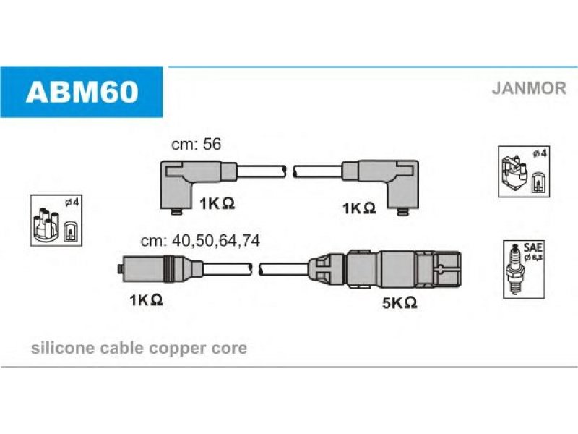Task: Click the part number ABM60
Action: click(x=82, y=92)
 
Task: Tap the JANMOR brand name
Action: click(x=529, y=88)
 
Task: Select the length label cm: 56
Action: click(x=196, y=144)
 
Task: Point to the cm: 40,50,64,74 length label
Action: click(x=200, y=241)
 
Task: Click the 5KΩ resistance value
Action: click(x=400, y=303)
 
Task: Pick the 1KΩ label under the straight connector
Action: click(x=146, y=299)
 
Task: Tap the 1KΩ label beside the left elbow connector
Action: click(x=217, y=203)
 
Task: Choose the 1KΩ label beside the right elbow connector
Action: click(x=359, y=208)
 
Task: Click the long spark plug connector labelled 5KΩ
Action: click(x=384, y=268)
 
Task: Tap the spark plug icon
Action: click(x=515, y=268)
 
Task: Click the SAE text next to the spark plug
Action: click(x=532, y=247)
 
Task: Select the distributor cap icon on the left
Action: click(x=46, y=225)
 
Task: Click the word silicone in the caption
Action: click(x=63, y=348)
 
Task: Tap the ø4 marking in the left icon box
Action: click(x=72, y=203)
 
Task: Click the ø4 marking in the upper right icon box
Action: click(x=539, y=153)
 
